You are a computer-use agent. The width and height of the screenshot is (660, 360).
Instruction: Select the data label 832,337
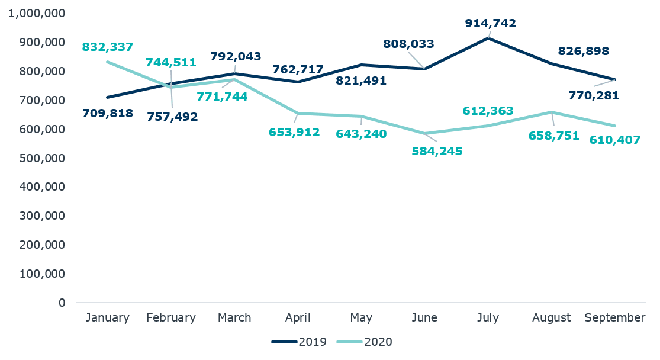pos(107,47)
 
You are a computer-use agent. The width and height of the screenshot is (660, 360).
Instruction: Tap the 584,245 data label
pos(437,151)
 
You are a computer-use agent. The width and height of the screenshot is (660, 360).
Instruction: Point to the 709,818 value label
pos(107,112)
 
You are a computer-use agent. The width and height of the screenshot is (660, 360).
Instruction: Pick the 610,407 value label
pos(615,142)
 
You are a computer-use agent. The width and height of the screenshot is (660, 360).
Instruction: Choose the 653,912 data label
pos(294,132)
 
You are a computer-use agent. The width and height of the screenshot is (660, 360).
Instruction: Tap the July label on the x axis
pos(488,318)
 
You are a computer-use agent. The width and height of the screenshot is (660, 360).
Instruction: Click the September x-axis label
pos(614,318)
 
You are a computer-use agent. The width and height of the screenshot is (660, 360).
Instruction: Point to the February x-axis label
pos(170,318)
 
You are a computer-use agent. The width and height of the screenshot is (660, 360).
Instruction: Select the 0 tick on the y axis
pos(62,303)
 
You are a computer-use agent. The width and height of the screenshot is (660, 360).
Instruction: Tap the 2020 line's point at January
pos(107,62)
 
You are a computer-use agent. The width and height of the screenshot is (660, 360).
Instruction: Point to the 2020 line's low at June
pos(424,134)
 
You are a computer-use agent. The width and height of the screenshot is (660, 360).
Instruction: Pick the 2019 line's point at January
pos(107,97)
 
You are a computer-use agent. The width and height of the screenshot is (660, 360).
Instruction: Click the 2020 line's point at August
pos(551,112)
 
